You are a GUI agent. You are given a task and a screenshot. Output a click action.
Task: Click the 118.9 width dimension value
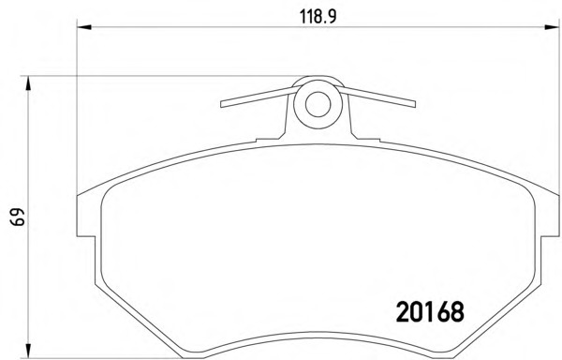pyautogui.click(x=318, y=17)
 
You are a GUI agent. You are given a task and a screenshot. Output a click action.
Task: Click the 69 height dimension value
pyautogui.click(x=18, y=217)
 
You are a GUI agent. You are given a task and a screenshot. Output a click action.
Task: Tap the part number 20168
pyautogui.click(x=430, y=311)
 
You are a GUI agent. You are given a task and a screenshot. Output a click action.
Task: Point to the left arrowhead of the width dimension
pyautogui.click(x=84, y=27)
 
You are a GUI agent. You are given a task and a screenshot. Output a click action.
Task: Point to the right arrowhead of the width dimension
pyautogui.click(x=552, y=27)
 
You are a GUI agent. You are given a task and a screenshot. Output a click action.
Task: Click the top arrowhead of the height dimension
pyautogui.click(x=27, y=83)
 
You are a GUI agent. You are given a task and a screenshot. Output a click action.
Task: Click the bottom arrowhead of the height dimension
pyautogui.click(x=27, y=351)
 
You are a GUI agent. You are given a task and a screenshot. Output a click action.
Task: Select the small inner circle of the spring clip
pyautogui.click(x=318, y=104)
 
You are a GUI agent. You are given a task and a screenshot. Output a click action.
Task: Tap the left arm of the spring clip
pyautogui.click(x=259, y=97)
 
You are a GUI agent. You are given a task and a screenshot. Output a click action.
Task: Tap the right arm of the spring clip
pyautogui.click(x=378, y=97)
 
